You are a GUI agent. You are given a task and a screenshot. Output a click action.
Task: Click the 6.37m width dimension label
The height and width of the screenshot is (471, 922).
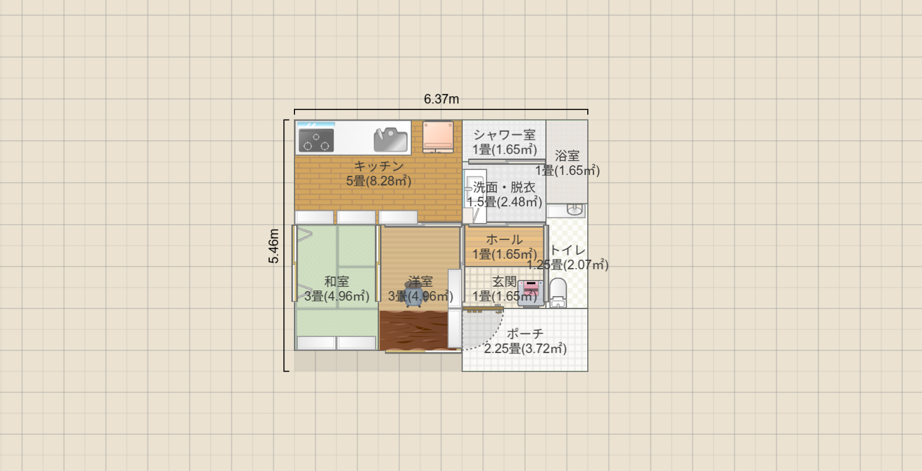[x=441, y=99]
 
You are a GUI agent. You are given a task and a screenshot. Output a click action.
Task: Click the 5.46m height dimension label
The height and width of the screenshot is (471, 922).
[x=274, y=246]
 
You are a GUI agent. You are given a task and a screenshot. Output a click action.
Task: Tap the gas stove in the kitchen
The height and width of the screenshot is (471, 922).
[x=316, y=140]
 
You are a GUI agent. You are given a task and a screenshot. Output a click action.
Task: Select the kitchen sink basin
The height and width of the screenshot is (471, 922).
[x=391, y=140]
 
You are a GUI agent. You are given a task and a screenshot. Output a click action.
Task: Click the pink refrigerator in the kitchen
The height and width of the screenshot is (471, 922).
[x=438, y=137]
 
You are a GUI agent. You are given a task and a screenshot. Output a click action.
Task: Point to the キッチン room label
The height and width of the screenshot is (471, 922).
[x=379, y=166]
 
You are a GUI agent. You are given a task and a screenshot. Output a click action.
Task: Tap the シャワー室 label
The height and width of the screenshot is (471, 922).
[x=504, y=135]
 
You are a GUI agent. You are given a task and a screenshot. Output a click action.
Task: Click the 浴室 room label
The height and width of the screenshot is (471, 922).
[x=567, y=156]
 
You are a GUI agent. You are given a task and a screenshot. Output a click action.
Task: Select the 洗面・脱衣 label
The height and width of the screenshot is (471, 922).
[x=504, y=187]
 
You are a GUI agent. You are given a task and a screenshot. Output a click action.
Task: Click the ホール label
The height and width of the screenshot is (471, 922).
[x=504, y=239]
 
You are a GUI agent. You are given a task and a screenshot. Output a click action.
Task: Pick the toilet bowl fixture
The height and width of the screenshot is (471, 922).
[x=558, y=293]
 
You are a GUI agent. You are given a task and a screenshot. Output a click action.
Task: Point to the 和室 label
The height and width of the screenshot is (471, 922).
[x=337, y=281]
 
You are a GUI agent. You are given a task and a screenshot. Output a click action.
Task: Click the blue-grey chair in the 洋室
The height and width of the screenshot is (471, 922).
[x=414, y=294]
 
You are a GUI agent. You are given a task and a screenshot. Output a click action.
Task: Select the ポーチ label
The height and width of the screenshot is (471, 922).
[x=525, y=334]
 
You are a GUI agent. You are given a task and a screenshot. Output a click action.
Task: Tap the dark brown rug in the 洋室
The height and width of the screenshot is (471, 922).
[x=414, y=331]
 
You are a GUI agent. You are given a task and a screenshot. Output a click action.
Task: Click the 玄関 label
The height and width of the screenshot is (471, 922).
[x=505, y=282]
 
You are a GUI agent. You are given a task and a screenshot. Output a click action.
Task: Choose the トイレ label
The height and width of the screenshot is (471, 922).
[x=567, y=250]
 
